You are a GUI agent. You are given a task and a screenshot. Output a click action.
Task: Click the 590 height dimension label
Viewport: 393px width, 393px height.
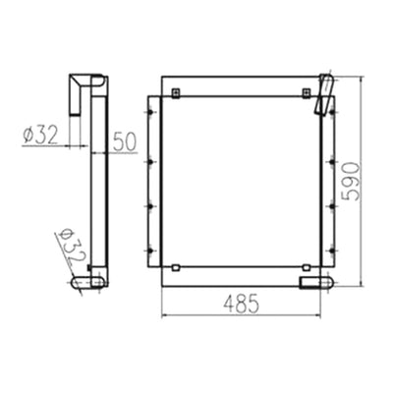[350, 181]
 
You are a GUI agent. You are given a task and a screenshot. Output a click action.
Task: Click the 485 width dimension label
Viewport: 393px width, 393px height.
[242, 304]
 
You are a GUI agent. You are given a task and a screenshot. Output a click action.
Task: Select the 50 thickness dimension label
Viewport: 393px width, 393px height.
[125, 142]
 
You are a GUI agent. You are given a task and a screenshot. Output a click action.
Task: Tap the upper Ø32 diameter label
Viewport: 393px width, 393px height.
[40, 135]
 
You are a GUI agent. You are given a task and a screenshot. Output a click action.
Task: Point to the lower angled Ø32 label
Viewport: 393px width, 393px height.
[71, 247]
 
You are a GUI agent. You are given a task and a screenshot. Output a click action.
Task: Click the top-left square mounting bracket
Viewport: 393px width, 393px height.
[176, 93]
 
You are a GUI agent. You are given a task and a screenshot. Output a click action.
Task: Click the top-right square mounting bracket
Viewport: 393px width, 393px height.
[307, 93]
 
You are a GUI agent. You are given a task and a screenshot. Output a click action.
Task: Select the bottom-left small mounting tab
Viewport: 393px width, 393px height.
[176, 267]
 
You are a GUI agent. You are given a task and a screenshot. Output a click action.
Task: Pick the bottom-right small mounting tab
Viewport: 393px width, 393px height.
[307, 267]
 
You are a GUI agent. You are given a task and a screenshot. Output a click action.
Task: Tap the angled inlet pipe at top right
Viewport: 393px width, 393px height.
[324, 94]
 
